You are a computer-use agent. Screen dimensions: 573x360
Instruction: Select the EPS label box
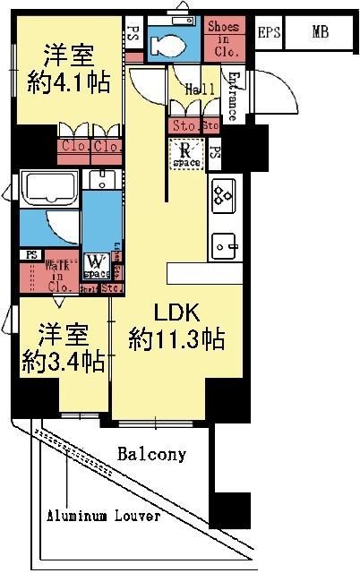268,33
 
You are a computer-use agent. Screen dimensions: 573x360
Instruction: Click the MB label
320,33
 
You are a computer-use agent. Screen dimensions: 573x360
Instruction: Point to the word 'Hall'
199,90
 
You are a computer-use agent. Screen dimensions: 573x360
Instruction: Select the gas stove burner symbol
223,192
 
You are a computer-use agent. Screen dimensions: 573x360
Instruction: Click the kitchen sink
224,244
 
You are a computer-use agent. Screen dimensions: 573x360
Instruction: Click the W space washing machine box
95,264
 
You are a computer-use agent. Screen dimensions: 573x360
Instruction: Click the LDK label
180,314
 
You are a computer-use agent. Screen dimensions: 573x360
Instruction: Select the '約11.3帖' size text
176,340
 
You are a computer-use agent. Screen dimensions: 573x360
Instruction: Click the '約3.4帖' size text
63,362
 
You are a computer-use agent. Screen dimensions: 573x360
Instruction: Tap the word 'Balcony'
152,454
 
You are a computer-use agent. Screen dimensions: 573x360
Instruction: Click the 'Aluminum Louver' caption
104,517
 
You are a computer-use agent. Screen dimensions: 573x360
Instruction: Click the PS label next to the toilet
133,34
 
